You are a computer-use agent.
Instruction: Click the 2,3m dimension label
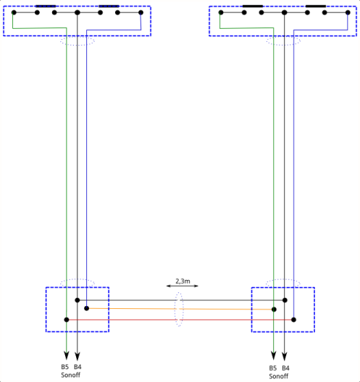(x=183, y=281)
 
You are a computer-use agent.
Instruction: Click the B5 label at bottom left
(x=64, y=367)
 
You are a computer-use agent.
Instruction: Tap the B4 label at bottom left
(x=78, y=367)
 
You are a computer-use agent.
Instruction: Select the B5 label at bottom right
(x=272, y=368)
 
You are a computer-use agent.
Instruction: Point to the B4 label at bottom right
(x=285, y=368)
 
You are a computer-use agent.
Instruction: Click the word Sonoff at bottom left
(x=70, y=375)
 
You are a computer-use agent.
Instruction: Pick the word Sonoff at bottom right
(x=279, y=376)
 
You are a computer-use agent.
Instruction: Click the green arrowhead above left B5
(x=67, y=355)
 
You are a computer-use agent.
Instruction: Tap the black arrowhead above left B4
(x=77, y=356)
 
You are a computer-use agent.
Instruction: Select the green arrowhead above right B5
(x=273, y=355)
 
